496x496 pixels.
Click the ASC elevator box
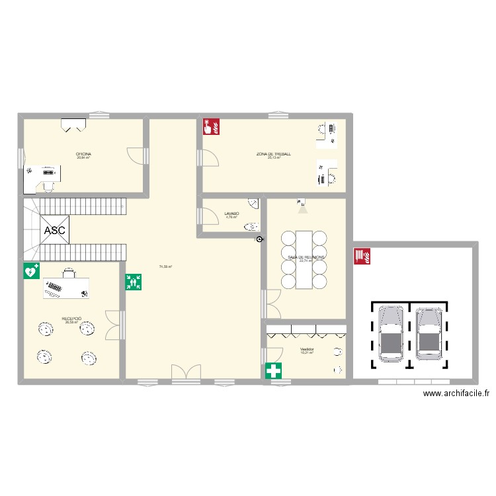pos(54,231)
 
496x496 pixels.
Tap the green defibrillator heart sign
pos(31,270)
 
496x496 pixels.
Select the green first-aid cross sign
pos(273,371)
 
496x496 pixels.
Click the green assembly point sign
pos(134,282)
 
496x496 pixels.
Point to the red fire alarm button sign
pos(211,126)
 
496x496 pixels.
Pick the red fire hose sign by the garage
pos(362,256)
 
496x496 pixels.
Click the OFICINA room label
pos(83,154)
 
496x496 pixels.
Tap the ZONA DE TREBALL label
pos(274,154)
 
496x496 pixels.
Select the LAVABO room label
pos(231,213)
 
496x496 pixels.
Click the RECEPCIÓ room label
pos(71,319)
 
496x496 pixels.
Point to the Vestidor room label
pos(306,349)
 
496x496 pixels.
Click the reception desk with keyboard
pos(66,288)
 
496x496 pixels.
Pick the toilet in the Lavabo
pos(251,227)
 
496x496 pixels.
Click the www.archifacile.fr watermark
pos(456,393)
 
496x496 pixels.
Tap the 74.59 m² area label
pos(165,267)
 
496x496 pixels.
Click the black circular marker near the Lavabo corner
pos(259,240)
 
